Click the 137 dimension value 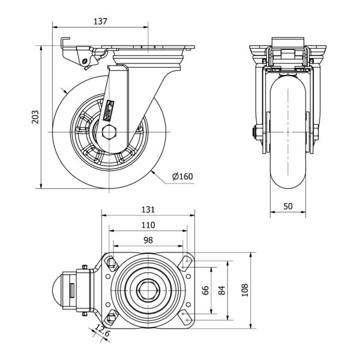coord(100,22)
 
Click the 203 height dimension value coord(34,117)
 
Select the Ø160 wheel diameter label coord(182,176)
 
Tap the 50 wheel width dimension coord(288,206)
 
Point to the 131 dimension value coord(148,209)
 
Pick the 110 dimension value coord(148,225)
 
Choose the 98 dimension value coord(148,239)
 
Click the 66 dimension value coord(206,290)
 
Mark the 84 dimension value coord(222,290)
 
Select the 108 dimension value coord(244,290)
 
